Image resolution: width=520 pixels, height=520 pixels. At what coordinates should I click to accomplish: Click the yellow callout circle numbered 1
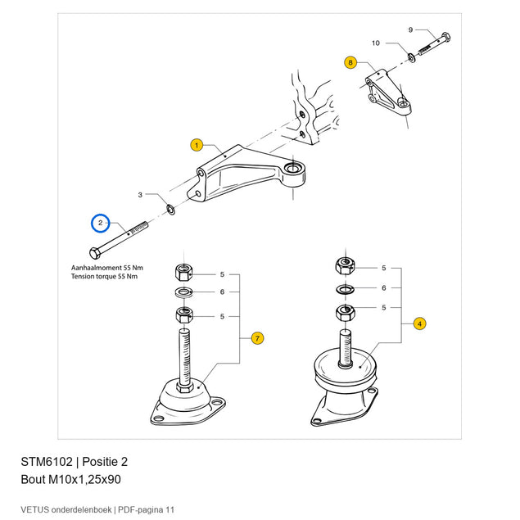click(197, 145)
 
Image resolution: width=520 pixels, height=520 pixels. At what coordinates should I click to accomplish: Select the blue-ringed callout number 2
click(100, 224)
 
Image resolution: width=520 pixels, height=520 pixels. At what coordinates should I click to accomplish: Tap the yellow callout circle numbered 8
click(350, 62)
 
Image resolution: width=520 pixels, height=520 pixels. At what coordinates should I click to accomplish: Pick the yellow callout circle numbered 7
click(257, 338)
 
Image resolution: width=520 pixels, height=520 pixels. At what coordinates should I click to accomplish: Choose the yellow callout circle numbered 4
click(420, 323)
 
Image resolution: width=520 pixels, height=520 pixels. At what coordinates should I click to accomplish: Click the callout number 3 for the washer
click(140, 195)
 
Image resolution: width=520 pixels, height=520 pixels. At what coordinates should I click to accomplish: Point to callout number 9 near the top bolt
click(410, 29)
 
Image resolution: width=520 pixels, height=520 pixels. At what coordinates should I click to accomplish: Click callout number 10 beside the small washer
click(376, 43)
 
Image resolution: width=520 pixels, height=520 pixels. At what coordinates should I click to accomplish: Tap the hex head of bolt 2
click(95, 253)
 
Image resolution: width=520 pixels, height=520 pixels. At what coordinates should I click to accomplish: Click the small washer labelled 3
click(171, 210)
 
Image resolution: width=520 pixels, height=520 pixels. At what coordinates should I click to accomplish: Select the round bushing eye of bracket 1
click(292, 169)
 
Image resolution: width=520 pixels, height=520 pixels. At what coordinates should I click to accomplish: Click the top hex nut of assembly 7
click(183, 272)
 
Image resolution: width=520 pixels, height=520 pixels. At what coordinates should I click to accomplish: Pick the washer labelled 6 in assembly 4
click(346, 289)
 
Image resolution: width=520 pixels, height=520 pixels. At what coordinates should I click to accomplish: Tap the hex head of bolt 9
click(446, 37)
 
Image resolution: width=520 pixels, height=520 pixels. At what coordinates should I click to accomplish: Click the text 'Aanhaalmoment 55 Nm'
click(106, 268)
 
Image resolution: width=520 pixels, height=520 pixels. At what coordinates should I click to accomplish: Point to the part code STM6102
click(47, 462)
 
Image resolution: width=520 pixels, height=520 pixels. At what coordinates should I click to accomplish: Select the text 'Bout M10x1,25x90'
click(70, 480)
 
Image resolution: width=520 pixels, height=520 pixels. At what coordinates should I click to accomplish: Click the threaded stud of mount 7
click(184, 355)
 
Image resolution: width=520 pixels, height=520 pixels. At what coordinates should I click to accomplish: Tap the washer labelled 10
click(412, 58)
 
